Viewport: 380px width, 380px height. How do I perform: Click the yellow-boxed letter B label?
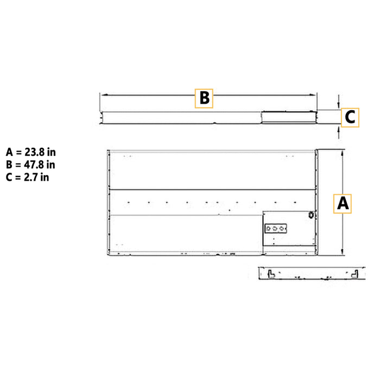(204, 98)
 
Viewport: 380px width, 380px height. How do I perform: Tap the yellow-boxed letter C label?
(350, 117)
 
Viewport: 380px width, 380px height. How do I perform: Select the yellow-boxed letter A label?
(343, 204)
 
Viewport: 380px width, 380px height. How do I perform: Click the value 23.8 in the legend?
(37, 152)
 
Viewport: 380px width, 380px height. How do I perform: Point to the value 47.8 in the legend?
(37, 164)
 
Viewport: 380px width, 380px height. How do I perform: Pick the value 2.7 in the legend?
(34, 177)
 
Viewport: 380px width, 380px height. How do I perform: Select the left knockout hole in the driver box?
(269, 229)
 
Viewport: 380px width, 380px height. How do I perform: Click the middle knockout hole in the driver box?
(275, 229)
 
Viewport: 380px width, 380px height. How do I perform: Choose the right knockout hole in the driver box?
(282, 229)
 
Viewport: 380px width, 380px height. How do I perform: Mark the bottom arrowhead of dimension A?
(343, 252)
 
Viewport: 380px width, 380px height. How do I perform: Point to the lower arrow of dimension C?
(339, 128)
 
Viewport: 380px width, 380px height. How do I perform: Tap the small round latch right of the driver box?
(312, 215)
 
